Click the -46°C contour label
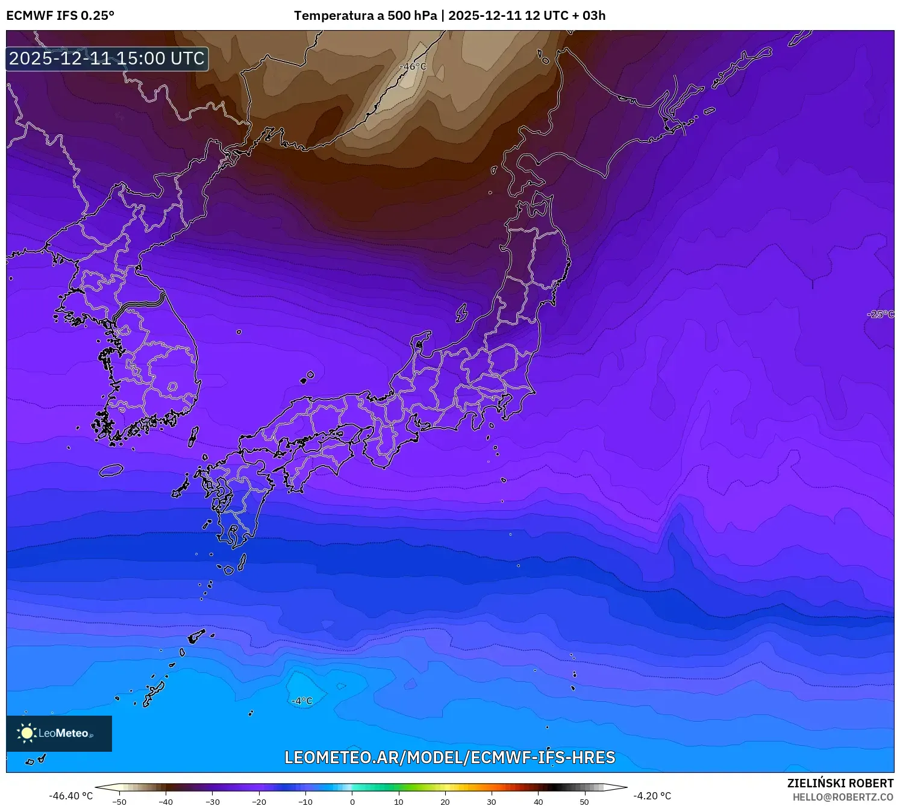[x=413, y=67]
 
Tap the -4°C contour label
[x=302, y=701]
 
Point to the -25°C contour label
[x=880, y=314]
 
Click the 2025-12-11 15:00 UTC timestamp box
[x=107, y=58]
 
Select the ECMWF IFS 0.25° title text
[x=60, y=16]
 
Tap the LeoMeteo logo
[x=59, y=733]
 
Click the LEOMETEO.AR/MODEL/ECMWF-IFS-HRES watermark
[x=449, y=757]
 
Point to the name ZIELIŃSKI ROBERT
[x=840, y=783]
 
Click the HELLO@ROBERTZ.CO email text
[x=843, y=797]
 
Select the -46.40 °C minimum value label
[x=71, y=796]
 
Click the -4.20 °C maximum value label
[x=652, y=796]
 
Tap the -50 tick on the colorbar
[x=119, y=802]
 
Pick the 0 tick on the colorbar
[x=352, y=802]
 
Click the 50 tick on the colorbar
[x=584, y=802]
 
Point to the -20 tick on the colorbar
[x=259, y=802]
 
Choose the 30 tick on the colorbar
[x=492, y=802]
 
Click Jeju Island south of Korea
[x=111, y=470]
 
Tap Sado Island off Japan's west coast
[x=461, y=313]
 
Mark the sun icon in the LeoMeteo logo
[x=27, y=733]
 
